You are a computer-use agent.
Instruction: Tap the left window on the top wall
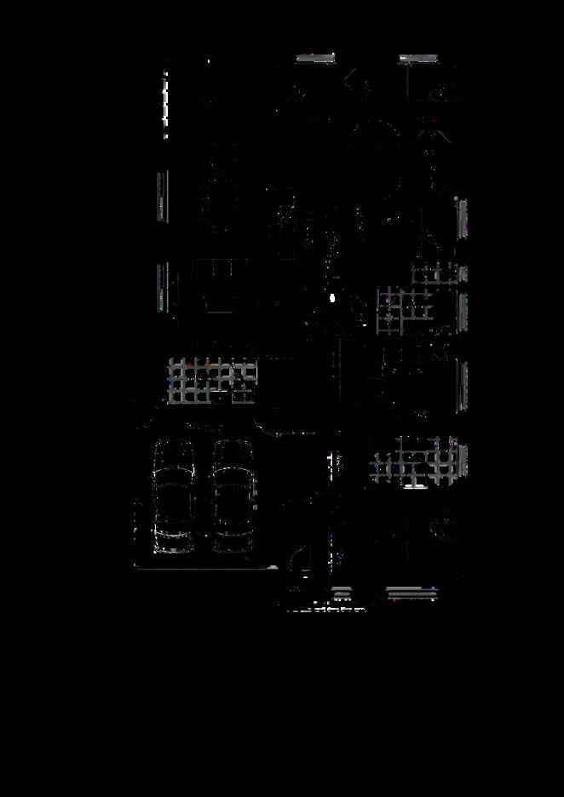point(315,58)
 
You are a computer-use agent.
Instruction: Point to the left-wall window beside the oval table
point(162,196)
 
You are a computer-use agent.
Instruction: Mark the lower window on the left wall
point(162,287)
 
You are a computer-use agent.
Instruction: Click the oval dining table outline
point(219,199)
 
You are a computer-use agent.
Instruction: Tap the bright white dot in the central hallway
point(332,298)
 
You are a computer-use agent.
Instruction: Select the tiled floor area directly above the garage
point(212,381)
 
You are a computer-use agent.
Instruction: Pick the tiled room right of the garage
point(414,461)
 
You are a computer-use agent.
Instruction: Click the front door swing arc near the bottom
point(298,565)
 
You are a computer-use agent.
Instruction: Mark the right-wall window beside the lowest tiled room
point(463,461)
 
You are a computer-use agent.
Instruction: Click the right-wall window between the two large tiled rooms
point(463,385)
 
